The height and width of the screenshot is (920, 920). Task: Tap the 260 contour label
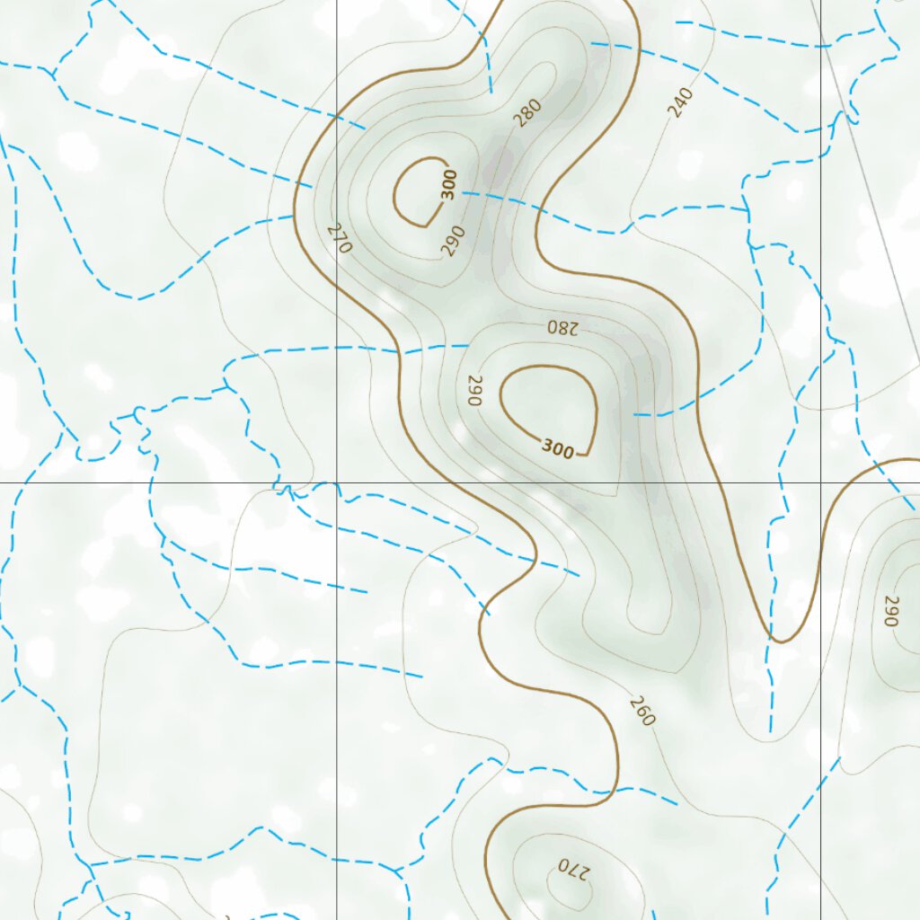642,711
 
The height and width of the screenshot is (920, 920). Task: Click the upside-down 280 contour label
559,327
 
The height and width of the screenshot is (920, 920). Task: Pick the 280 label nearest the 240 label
528,112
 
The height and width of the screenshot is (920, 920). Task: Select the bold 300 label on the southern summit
557,448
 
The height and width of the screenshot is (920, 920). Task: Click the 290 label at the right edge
891,611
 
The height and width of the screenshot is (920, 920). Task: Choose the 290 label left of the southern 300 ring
474,390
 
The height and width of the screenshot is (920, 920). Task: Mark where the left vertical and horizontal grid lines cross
336,482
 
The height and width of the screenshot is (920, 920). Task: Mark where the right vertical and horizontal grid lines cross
821,482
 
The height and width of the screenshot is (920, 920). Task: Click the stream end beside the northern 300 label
464,192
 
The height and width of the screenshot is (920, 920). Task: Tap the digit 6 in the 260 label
642,711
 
